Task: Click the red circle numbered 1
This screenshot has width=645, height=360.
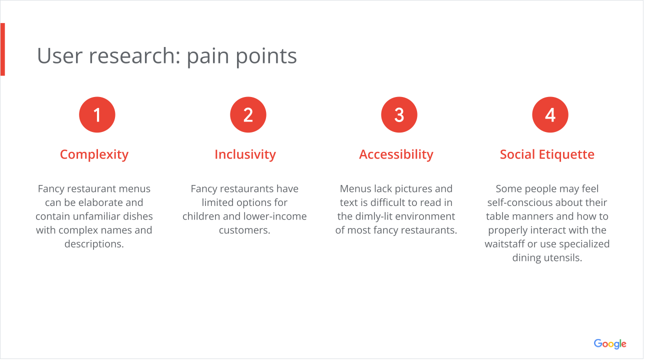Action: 97,114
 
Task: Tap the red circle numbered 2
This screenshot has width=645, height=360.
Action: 248,114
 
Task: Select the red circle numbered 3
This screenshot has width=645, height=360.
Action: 399,114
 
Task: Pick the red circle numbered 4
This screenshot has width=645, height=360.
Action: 550,114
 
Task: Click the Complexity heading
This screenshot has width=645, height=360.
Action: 94,155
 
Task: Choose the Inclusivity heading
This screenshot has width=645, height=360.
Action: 245,154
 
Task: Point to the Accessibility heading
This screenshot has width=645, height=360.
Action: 396,154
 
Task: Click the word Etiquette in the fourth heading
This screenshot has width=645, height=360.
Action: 566,154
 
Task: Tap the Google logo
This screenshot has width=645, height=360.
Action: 610,344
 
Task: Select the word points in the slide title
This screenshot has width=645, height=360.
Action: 266,56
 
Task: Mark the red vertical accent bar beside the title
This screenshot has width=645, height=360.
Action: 2,49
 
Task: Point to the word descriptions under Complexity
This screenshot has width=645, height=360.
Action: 94,244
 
